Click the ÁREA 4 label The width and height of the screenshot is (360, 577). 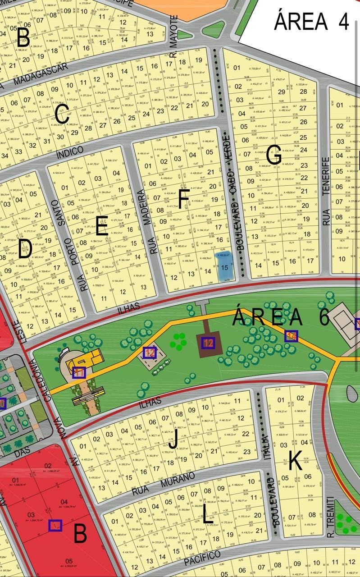pyautogui.click(x=311, y=21)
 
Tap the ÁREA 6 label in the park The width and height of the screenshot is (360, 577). pyautogui.click(x=281, y=317)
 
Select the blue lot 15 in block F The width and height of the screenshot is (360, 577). pyautogui.click(x=224, y=266)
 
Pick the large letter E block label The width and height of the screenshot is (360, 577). pyautogui.click(x=101, y=226)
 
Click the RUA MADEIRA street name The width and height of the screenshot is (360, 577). pyautogui.click(x=154, y=221)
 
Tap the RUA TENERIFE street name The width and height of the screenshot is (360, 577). pyautogui.click(x=327, y=192)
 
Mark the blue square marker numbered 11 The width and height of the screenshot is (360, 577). pyautogui.click(x=79, y=372)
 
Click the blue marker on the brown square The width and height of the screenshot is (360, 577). pyautogui.click(x=208, y=343)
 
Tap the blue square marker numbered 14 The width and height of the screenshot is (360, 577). pyautogui.click(x=291, y=336)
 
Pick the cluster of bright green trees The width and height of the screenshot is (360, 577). pyautogui.click(x=178, y=341)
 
